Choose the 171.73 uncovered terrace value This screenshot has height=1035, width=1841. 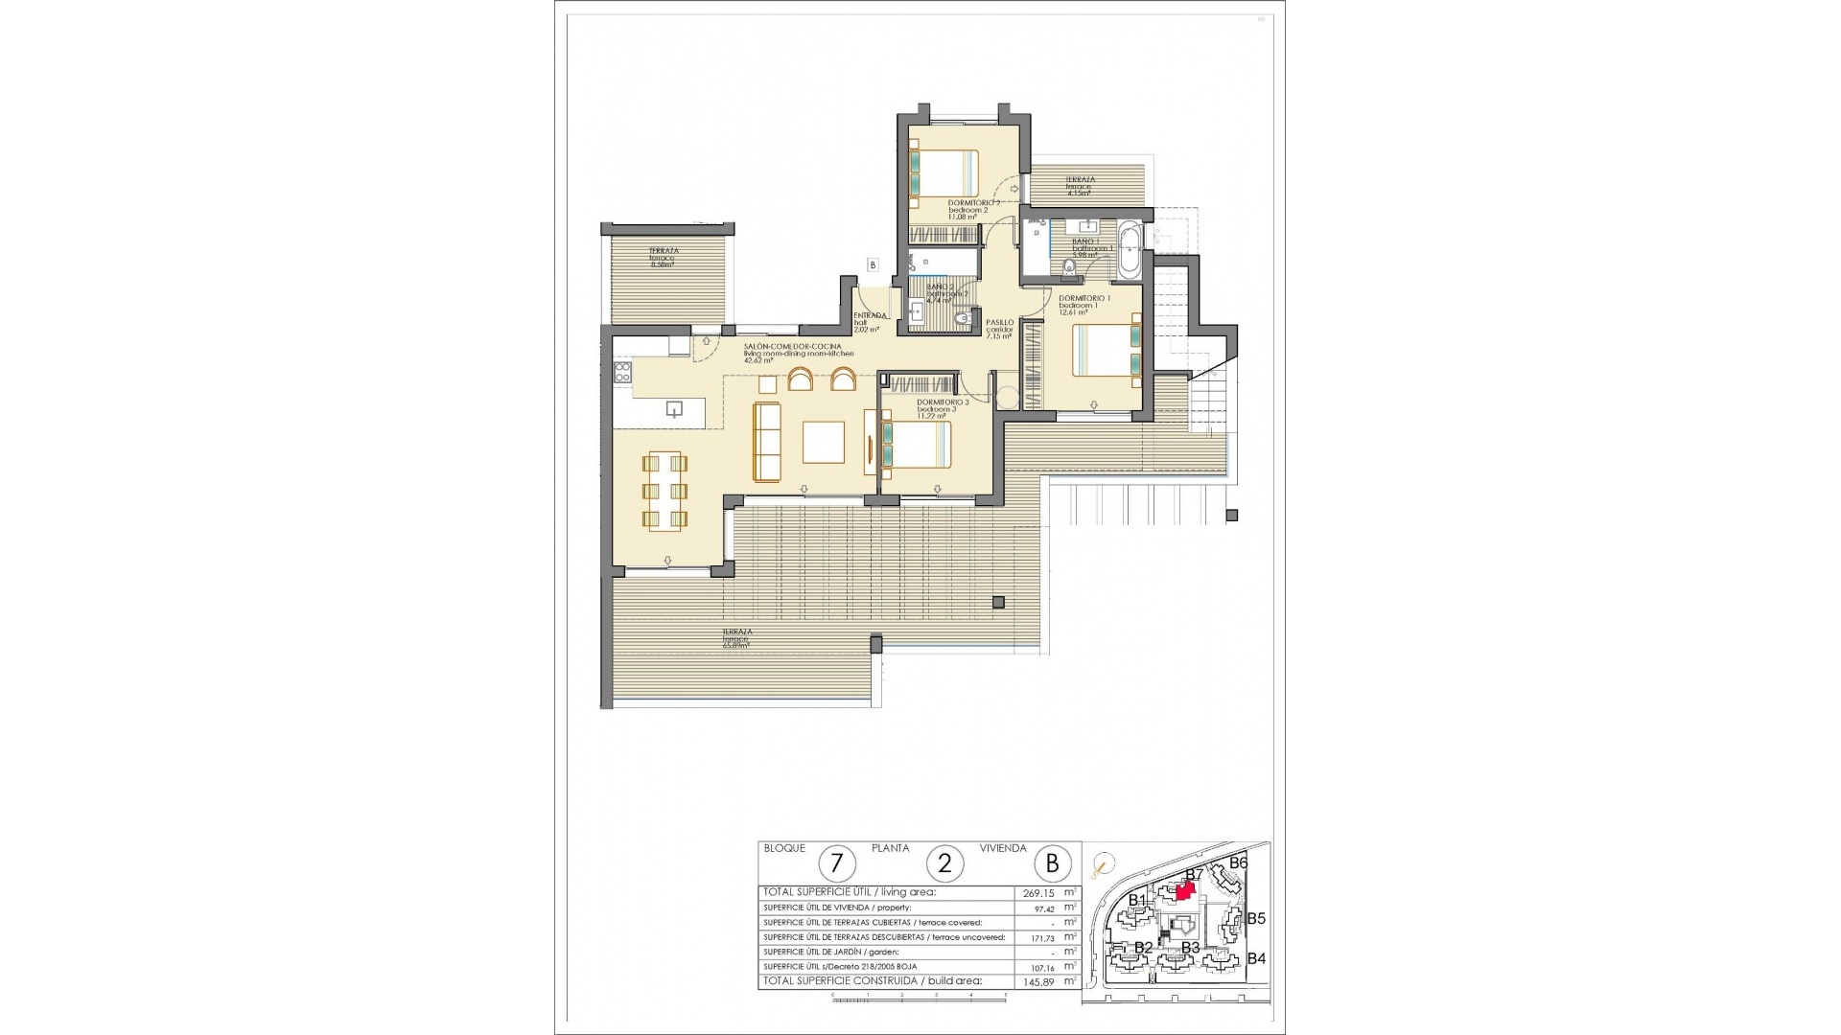coord(1039,937)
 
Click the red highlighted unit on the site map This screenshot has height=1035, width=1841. coord(1185,892)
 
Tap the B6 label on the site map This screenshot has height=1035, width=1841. coord(1239,862)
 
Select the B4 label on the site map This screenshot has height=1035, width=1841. coord(1257,958)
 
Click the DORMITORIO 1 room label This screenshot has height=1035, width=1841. coord(1084,299)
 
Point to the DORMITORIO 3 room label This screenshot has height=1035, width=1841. coord(943,402)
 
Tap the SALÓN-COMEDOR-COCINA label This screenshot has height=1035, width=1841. coord(793,346)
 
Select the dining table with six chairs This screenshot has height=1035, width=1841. coord(664,491)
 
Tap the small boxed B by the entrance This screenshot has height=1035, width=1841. coord(873,264)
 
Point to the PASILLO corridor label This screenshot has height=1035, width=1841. coord(999,324)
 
